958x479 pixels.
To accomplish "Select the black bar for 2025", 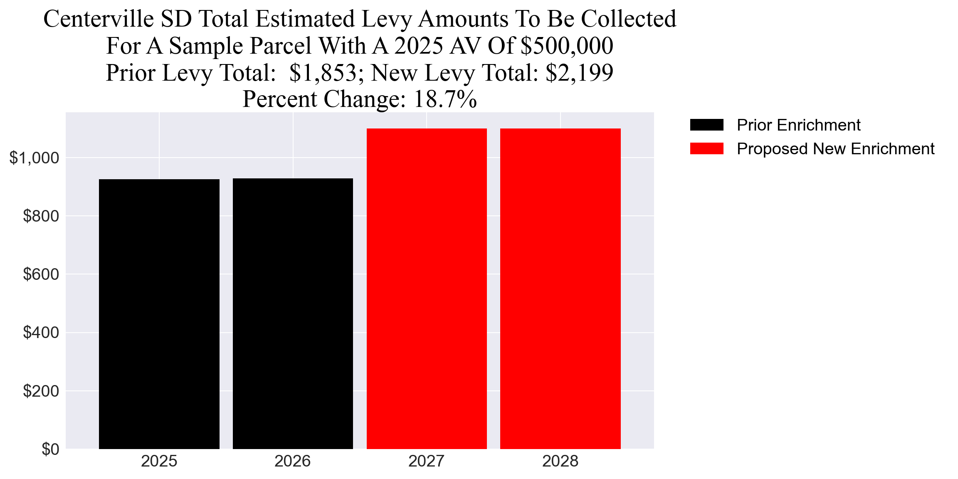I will tap(159, 314).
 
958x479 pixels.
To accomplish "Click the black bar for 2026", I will tap(293, 314).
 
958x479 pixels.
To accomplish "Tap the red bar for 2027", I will tap(427, 289).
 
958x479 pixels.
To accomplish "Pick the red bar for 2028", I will tap(560, 289).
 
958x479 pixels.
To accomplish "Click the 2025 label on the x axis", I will tap(159, 462).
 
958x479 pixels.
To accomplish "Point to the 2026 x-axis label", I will tap(293, 462).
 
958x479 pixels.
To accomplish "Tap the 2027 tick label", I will tap(427, 462).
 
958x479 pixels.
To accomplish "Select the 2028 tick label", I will tap(560, 462).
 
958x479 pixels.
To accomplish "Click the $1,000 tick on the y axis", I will tap(34, 158).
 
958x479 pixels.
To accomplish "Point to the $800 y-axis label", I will tap(41, 216).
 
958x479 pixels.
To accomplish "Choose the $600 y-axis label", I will tap(41, 274).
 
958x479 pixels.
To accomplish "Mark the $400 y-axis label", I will tap(41, 333).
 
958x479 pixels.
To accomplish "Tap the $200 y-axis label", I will tap(41, 391).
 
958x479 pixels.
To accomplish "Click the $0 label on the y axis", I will tap(50, 449).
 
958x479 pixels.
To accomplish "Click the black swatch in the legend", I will tap(706, 125).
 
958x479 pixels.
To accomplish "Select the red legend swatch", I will tap(706, 148).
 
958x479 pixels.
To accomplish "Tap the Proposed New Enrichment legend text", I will tap(835, 149).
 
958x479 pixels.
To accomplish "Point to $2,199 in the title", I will tap(579, 73).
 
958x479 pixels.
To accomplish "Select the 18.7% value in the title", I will tap(445, 99).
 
